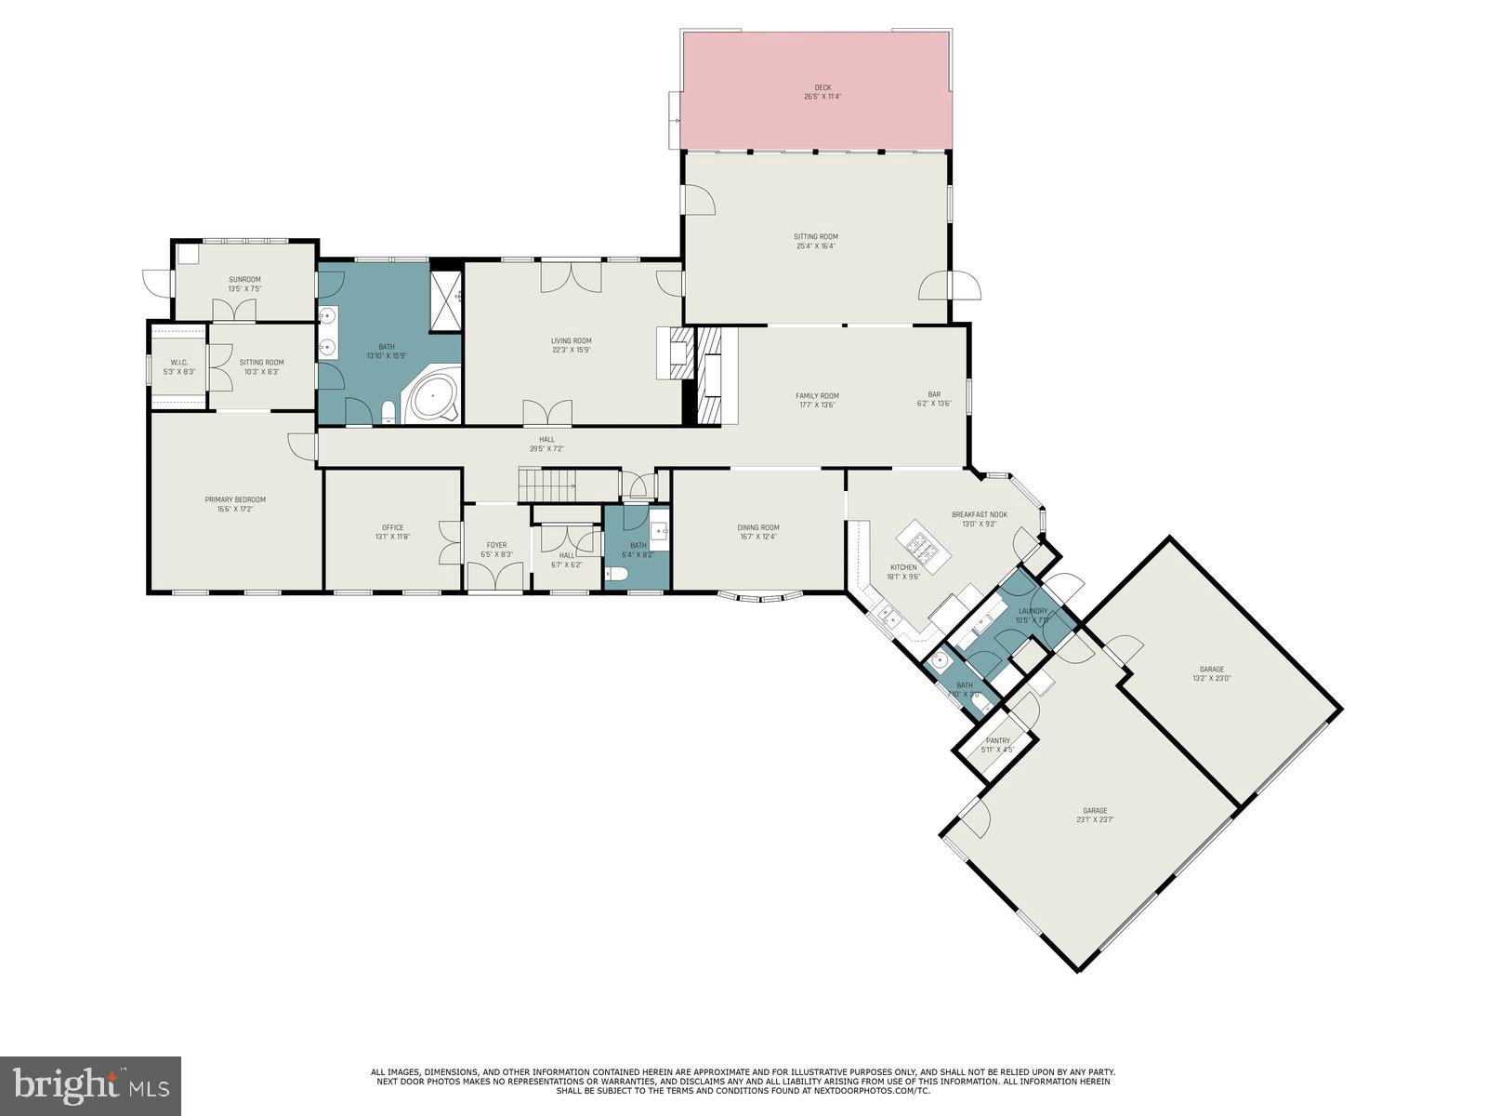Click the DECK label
pos(816,87)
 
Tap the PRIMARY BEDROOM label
pos(235,499)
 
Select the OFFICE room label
pos(392,527)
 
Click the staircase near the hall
pos(548,485)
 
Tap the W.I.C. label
pos(178,363)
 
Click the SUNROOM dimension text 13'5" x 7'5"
pos(245,289)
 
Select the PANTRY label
pos(998,741)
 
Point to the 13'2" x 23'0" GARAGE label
pos(1211,669)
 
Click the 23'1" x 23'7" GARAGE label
pos(1095,810)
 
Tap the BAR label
pos(934,394)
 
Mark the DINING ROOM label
pos(758,527)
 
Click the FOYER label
pos(496,545)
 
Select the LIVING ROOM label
pos(571,340)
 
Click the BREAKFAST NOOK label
pos(980,514)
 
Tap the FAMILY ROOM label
pos(817,395)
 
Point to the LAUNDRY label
pos(1032,611)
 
